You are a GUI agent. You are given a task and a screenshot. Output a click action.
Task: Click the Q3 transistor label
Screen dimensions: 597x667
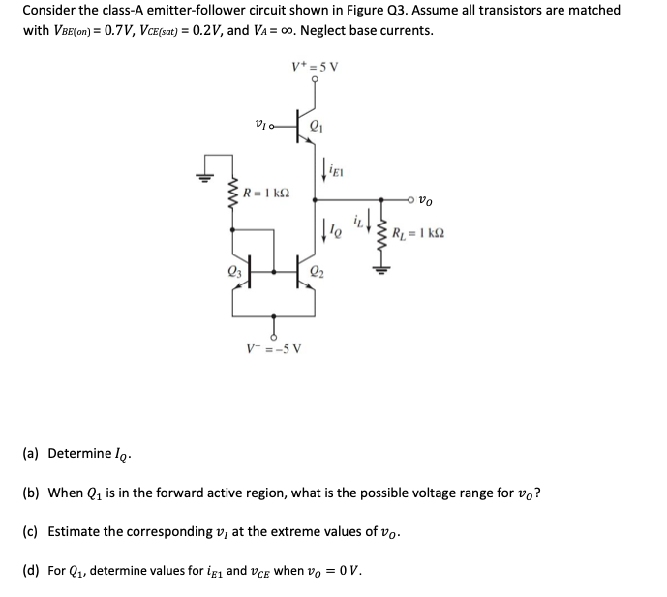(x=233, y=270)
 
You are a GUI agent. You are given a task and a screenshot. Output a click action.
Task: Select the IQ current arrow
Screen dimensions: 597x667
(x=325, y=230)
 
